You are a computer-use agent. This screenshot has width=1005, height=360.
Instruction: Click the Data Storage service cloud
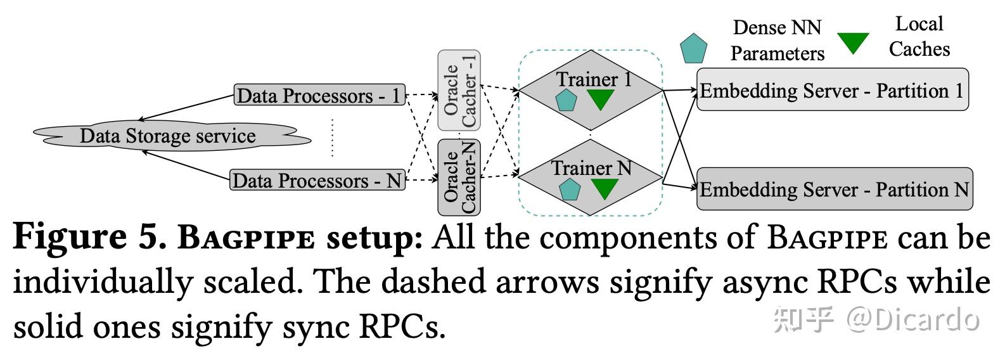(x=172, y=136)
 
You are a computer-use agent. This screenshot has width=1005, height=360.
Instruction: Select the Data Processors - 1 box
(x=320, y=94)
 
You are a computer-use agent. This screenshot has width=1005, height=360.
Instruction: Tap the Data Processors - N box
(x=317, y=179)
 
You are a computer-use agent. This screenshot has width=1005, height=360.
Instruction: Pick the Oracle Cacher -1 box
(x=459, y=90)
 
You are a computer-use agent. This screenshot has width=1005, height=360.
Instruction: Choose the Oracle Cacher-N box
(x=459, y=177)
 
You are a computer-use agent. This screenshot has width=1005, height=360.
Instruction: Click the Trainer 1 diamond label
(x=594, y=79)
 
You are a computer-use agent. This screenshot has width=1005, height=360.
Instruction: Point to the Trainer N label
(x=591, y=169)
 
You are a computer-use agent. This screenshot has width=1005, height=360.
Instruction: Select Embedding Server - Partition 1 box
(x=833, y=90)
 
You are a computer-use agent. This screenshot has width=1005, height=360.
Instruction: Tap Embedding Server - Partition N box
(x=835, y=189)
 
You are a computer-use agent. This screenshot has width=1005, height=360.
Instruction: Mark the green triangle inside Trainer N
(x=605, y=188)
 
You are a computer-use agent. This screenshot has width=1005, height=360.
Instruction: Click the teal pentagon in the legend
(x=694, y=48)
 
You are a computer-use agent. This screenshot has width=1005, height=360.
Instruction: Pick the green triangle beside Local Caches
(x=854, y=43)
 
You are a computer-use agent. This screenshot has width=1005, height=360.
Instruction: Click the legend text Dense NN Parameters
(x=778, y=41)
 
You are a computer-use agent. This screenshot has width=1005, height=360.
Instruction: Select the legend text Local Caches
(x=919, y=36)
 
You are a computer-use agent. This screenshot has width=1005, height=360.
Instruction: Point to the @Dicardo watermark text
(x=912, y=320)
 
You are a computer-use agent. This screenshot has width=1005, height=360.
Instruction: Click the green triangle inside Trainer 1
(x=600, y=100)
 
